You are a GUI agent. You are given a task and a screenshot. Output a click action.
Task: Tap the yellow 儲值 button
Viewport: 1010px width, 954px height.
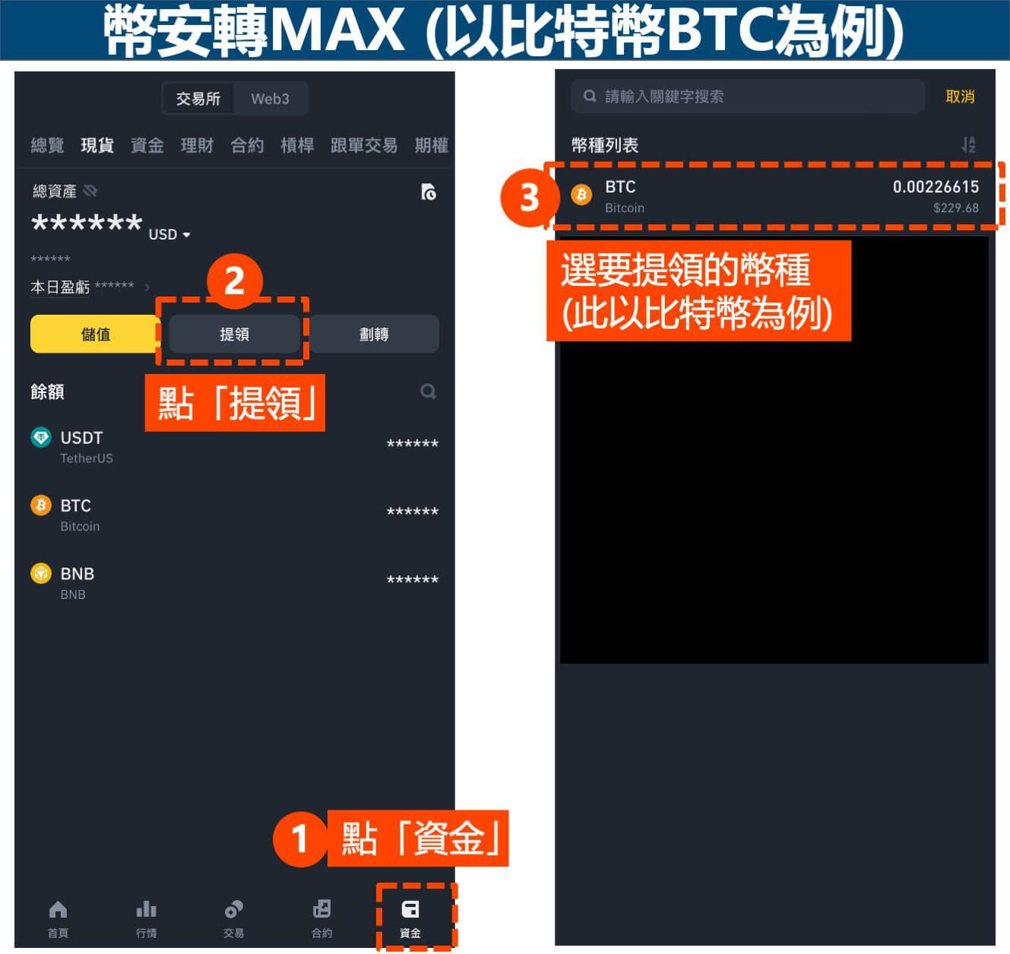pos(95,334)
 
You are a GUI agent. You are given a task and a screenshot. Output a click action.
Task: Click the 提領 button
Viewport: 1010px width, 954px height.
pos(234,334)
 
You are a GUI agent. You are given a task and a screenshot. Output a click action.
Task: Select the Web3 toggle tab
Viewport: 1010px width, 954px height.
pos(270,99)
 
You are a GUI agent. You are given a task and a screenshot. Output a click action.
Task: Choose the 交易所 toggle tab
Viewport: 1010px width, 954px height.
pos(198,99)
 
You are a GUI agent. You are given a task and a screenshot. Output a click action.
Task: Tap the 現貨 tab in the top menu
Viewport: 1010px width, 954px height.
pos(97,145)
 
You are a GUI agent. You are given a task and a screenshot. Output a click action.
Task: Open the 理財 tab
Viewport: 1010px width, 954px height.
pos(197,145)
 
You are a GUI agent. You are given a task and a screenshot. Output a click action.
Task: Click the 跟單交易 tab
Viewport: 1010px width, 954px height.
pos(363,145)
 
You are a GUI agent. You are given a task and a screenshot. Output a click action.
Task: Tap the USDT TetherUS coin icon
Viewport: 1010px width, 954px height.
pos(41,438)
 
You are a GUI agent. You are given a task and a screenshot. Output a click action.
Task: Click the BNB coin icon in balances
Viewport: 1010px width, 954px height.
pos(41,574)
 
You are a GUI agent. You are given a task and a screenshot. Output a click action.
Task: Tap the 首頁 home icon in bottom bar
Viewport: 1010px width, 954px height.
pos(58,910)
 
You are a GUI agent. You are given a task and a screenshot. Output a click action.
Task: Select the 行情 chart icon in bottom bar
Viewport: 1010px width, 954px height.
pos(146,910)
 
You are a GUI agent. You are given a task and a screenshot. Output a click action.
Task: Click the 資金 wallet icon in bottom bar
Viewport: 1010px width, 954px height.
pos(410,910)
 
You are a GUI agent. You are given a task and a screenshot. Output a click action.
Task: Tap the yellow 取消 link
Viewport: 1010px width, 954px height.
pos(960,97)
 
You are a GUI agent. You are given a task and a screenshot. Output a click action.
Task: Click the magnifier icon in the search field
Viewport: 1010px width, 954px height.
pos(590,97)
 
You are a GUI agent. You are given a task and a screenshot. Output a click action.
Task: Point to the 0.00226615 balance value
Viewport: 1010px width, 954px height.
pos(936,187)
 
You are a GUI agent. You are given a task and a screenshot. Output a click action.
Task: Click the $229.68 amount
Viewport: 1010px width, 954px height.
pos(955,208)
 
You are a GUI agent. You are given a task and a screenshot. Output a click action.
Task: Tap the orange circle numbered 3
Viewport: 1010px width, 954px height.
pos(529,198)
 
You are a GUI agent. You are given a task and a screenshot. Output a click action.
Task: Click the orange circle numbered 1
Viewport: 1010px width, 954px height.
pos(299,839)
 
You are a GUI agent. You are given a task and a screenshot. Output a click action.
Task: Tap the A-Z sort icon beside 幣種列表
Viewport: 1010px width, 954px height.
pos(968,144)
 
